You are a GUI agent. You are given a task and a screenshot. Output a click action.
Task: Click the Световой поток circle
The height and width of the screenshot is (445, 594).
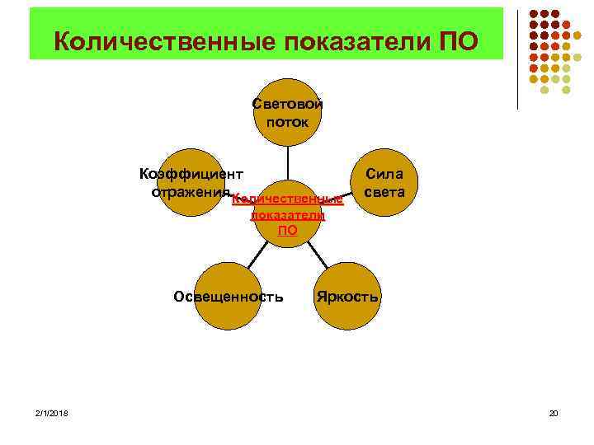coord(287,113)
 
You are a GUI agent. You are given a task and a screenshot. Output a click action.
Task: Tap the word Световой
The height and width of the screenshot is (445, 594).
coord(288,105)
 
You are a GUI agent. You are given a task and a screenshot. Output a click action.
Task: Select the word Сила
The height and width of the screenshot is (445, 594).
coord(384,175)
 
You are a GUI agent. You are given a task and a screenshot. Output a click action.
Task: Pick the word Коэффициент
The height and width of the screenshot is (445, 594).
coord(191,175)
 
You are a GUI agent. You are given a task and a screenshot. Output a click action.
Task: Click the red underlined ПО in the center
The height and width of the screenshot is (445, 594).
coord(287,231)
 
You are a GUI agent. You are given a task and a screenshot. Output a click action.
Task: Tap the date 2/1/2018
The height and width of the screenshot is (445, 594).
coord(52,412)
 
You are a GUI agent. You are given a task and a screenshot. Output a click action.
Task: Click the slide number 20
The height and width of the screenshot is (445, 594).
coord(554,412)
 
